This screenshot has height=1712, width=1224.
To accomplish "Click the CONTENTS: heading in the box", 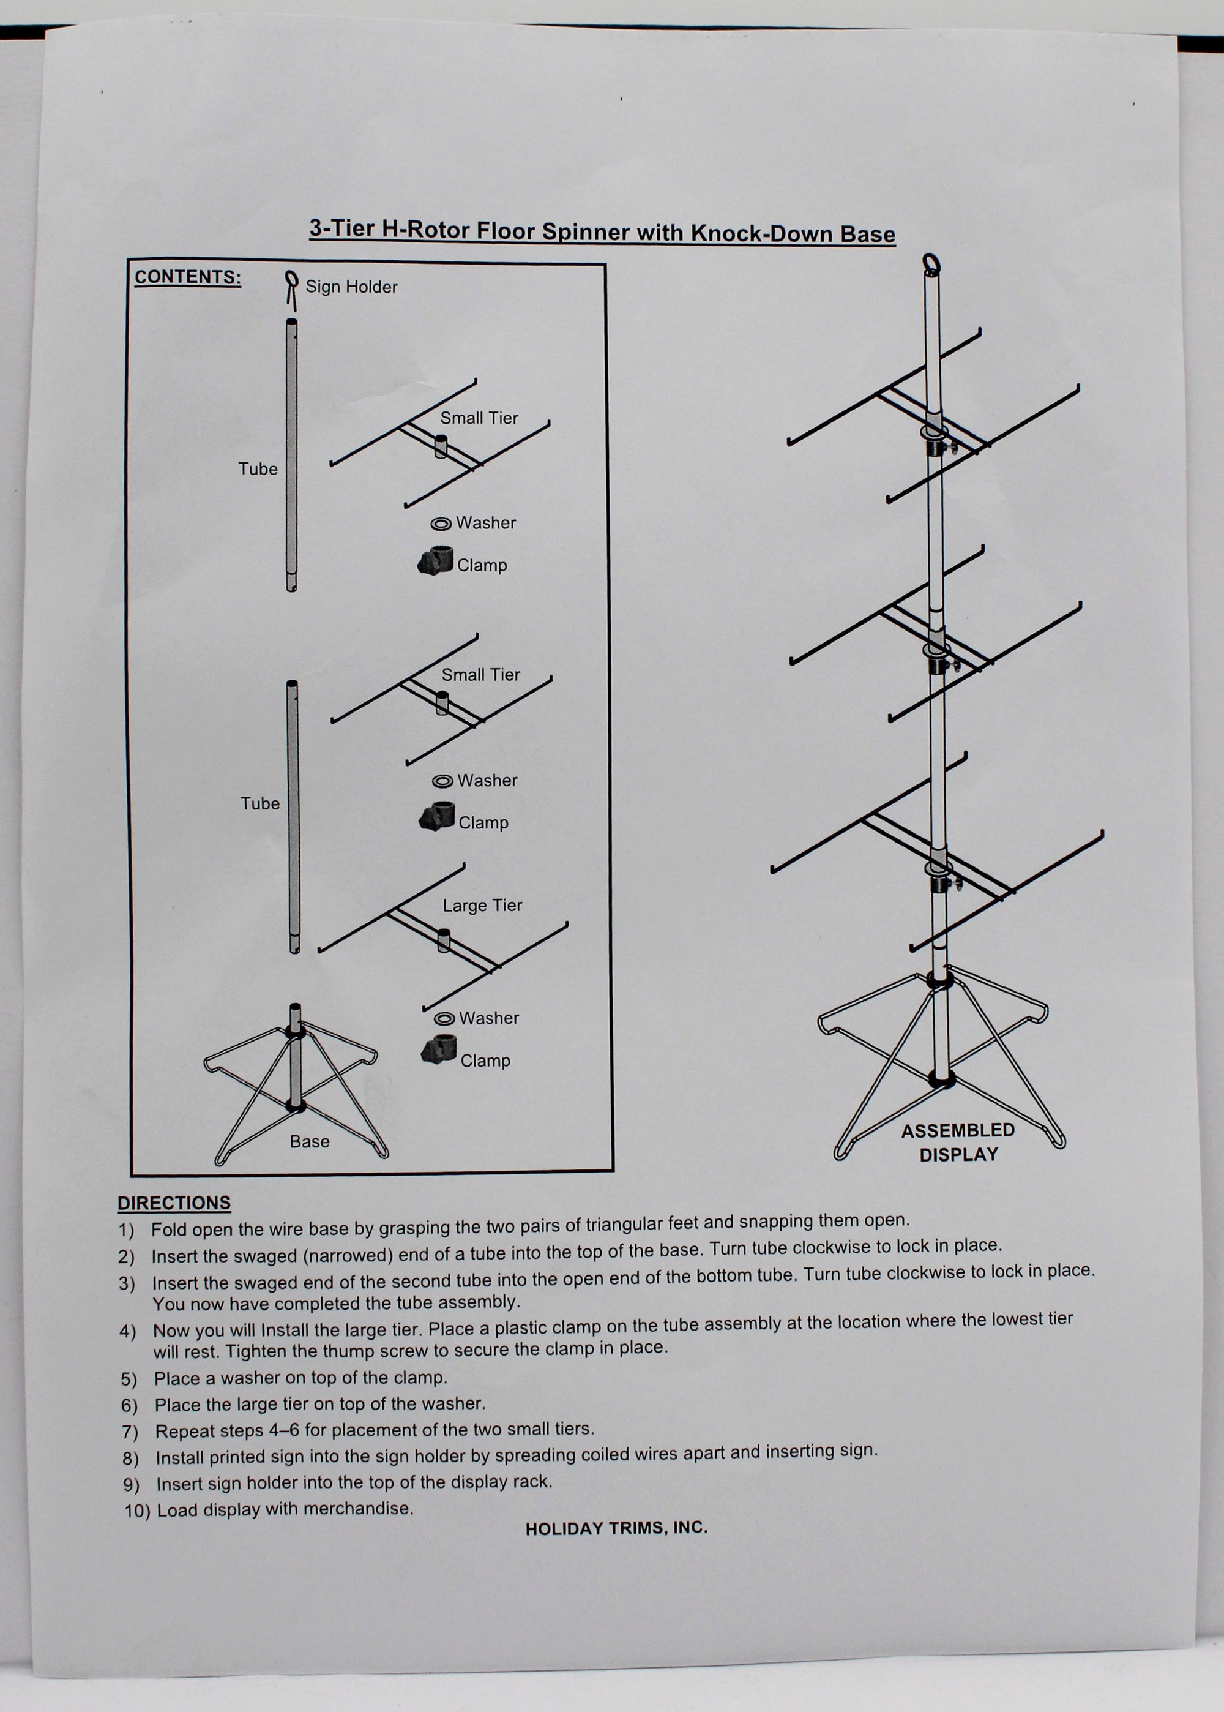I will point(188,277).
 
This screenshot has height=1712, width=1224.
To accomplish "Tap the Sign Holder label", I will point(351,287).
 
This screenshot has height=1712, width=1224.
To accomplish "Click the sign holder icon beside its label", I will point(290,290).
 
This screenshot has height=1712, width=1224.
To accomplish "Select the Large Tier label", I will point(482,906).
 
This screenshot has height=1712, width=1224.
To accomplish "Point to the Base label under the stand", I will point(310,1141).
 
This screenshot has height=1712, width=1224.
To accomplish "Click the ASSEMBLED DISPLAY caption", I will point(958,1142).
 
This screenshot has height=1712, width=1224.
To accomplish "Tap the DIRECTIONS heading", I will point(174,1203).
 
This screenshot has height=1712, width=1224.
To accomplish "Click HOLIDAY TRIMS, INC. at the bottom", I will point(616,1528).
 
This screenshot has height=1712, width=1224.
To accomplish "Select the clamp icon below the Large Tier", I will point(439,1049).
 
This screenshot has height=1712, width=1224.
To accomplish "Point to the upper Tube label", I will point(258,469).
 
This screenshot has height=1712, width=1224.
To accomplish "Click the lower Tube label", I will point(260,803).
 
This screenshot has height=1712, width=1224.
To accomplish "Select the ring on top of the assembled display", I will point(931,264).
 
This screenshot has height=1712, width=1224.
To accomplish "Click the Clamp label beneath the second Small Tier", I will point(483,822).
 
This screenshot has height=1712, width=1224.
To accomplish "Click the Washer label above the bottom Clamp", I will point(489,1018).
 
